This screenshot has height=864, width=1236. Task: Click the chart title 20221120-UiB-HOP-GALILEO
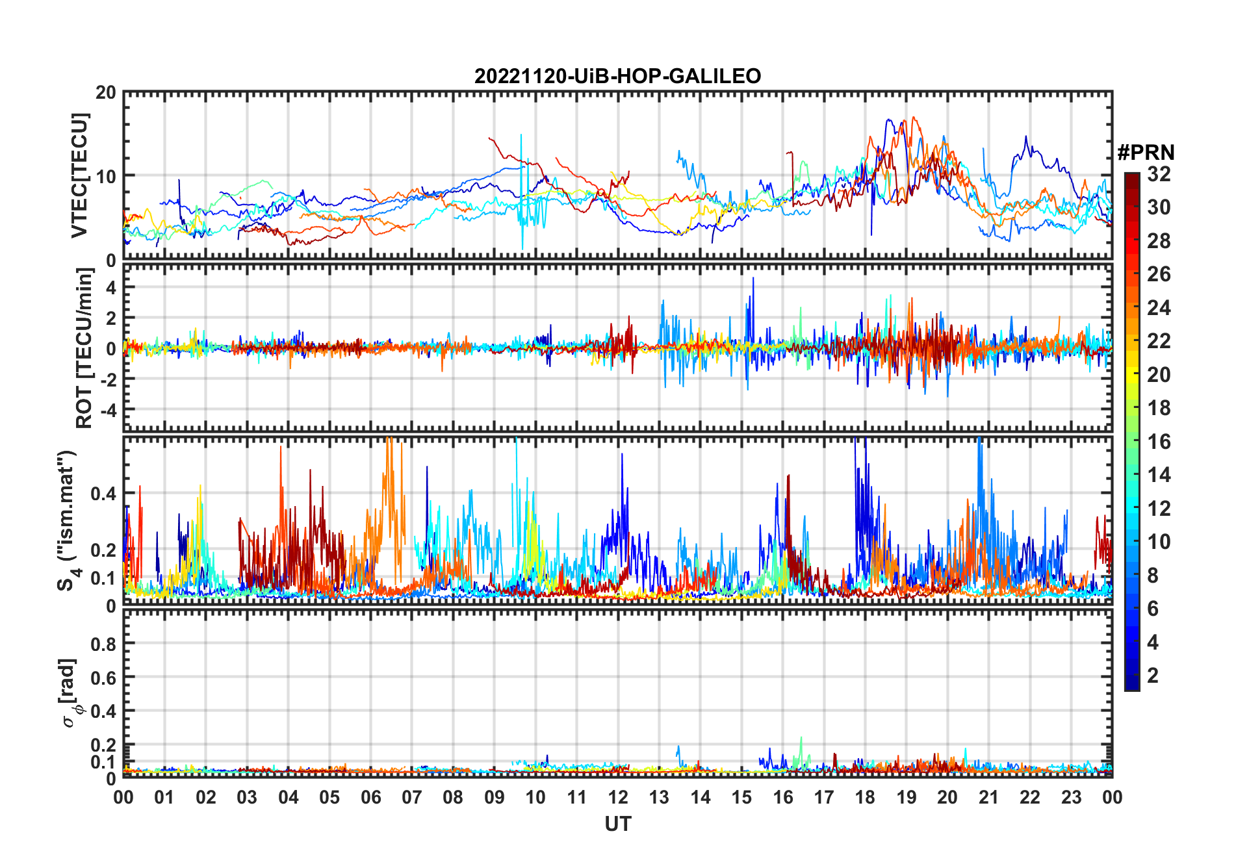click(x=617, y=77)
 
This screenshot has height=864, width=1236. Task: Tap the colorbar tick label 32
click(x=1159, y=174)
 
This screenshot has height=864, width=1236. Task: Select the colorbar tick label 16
click(x=1159, y=442)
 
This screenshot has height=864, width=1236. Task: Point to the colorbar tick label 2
click(x=1153, y=676)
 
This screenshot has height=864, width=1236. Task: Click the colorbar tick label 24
click(x=1159, y=308)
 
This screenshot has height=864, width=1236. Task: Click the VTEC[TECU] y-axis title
click(x=79, y=175)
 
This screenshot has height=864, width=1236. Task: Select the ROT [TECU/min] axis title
click(x=84, y=348)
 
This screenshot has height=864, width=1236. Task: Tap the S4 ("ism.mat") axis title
click(x=68, y=520)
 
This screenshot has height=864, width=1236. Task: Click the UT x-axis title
click(x=617, y=824)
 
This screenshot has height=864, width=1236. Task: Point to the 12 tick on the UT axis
click(x=618, y=797)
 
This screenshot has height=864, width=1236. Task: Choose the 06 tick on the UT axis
click(x=371, y=797)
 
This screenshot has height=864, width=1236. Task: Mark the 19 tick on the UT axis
click(x=907, y=797)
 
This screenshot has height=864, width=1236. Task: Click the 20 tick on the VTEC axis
click(x=106, y=93)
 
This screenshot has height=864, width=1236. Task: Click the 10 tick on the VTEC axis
click(x=106, y=176)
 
